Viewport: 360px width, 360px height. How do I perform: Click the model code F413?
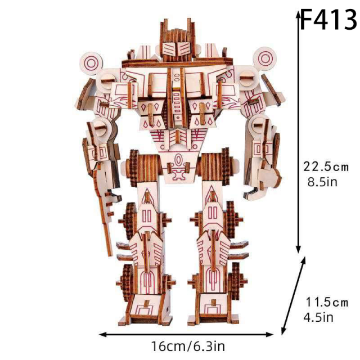328,20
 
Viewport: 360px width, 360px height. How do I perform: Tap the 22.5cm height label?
326,167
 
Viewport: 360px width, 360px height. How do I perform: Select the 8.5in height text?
321,182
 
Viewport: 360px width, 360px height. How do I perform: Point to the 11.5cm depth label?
327,303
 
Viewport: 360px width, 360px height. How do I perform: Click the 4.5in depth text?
318,318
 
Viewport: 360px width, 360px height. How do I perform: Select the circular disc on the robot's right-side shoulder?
265,58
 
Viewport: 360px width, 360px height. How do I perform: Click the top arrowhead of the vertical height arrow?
299,15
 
